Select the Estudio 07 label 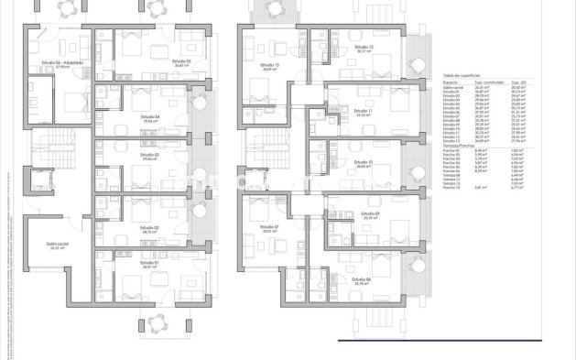[268, 227]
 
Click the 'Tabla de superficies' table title [461, 74]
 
